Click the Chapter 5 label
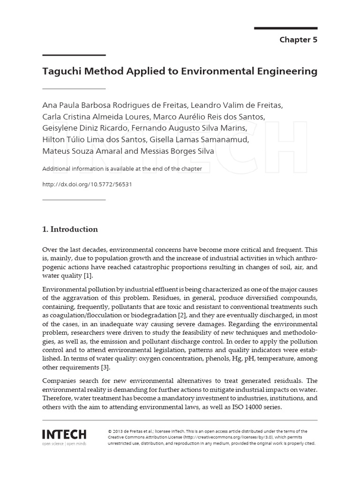(298, 40)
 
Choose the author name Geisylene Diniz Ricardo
(85, 127)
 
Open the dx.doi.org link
(87, 184)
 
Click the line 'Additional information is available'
(122, 169)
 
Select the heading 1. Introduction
(70, 229)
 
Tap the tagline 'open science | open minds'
(64, 442)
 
